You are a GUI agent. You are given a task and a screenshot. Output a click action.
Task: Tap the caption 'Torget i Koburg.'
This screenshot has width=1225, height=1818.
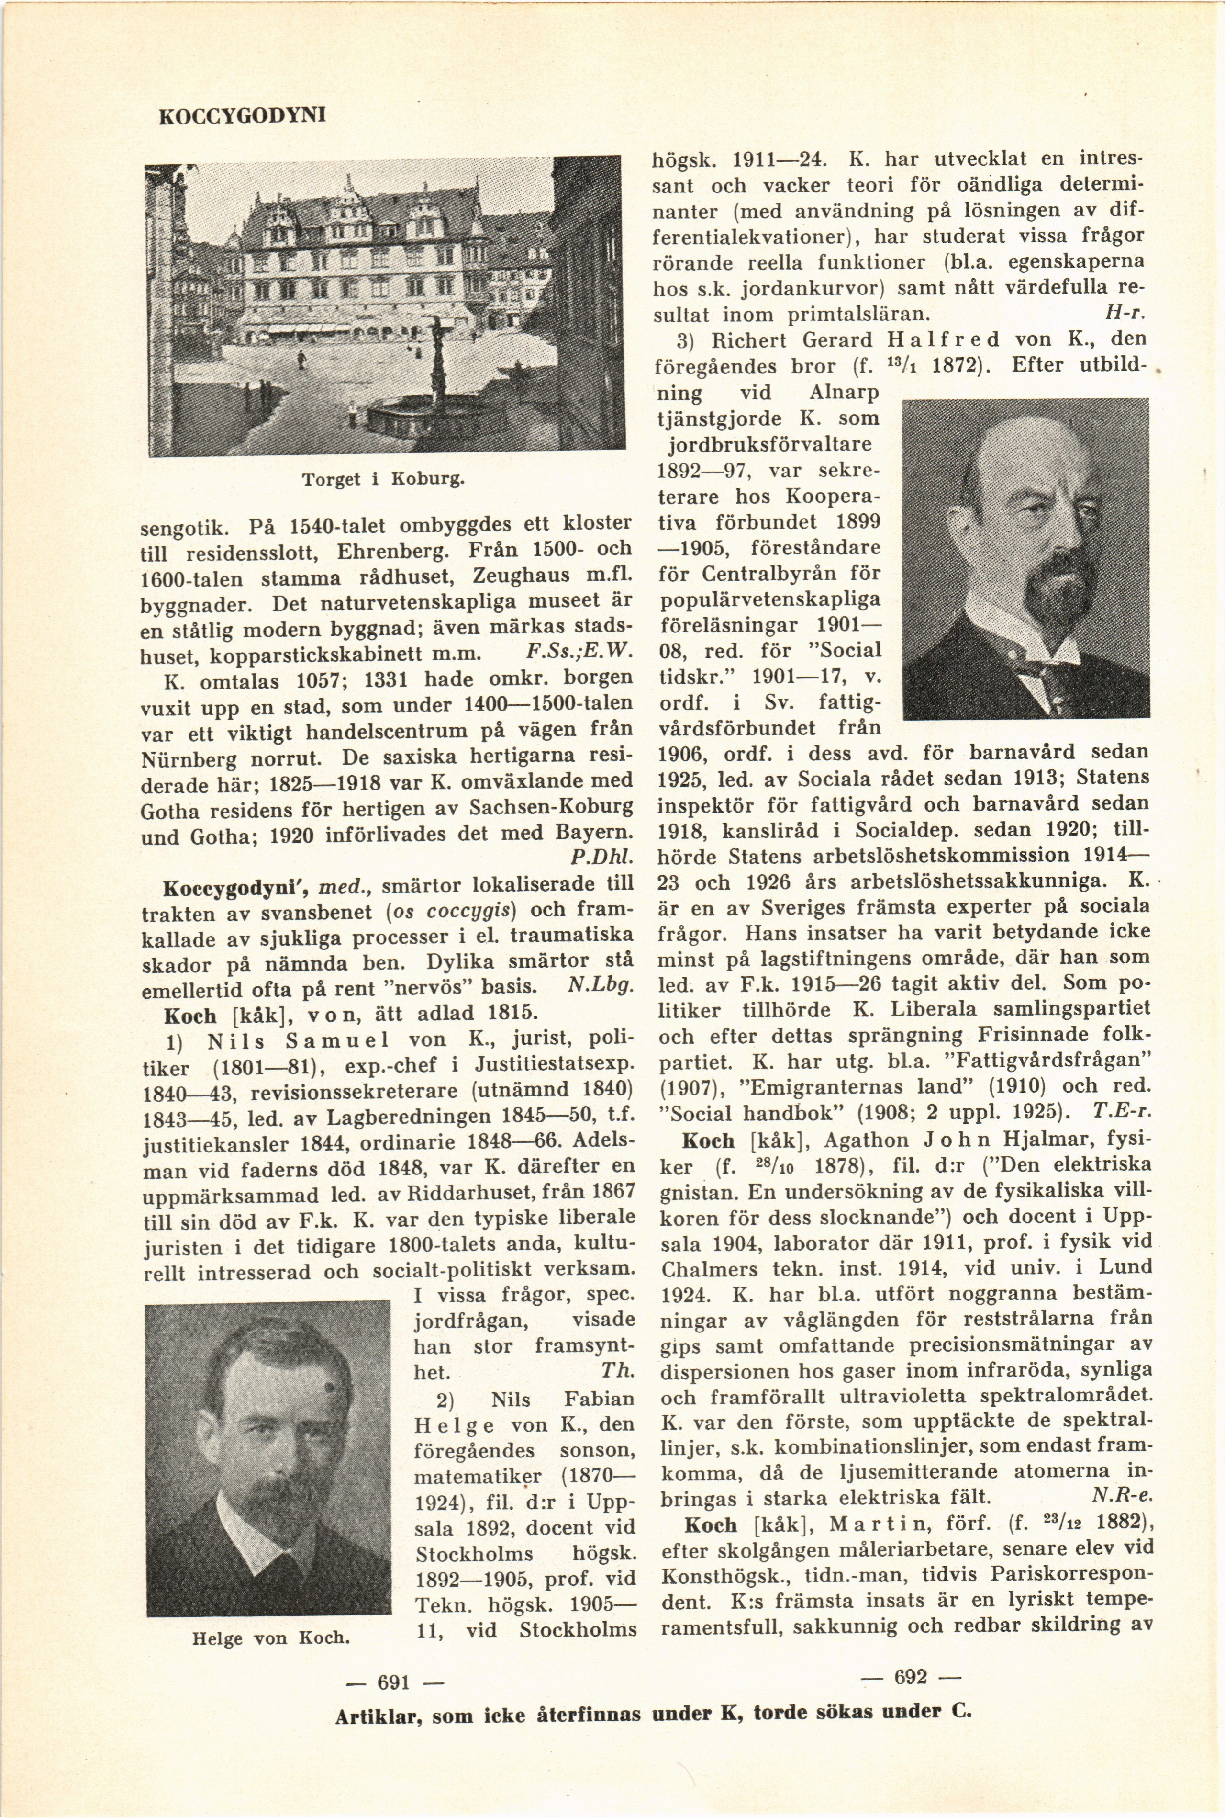pyautogui.click(x=383, y=478)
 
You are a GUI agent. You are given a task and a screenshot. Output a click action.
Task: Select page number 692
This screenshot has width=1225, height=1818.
pyautogui.click(x=910, y=1677)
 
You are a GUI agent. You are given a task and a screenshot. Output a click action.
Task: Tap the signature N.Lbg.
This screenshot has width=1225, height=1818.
pyautogui.click(x=601, y=987)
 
